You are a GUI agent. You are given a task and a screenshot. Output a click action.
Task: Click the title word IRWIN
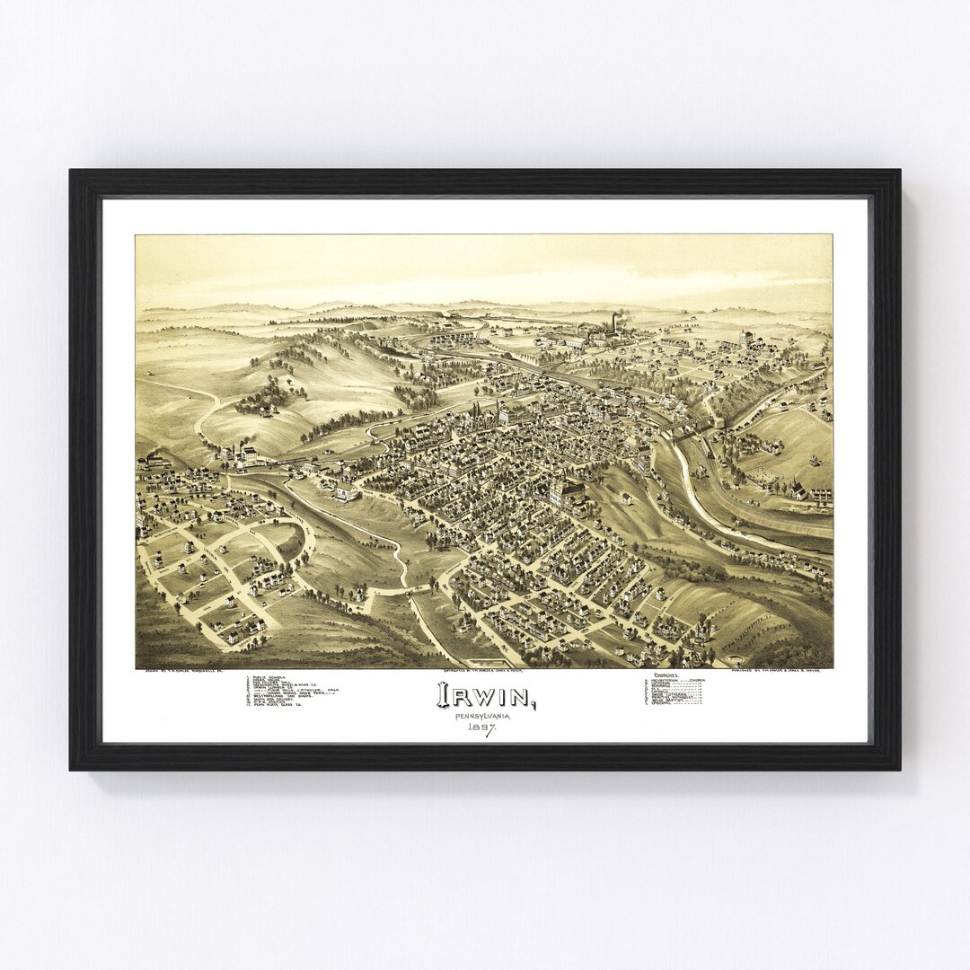(x=485, y=695)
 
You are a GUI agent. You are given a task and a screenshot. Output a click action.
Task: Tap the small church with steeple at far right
(x=794, y=489)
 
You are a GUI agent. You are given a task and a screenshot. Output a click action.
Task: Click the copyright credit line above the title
(x=485, y=670)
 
